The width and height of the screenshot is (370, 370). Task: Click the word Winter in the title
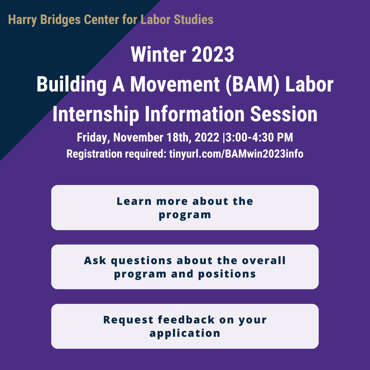click(158, 54)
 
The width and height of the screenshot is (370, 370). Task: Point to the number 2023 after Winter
click(213, 54)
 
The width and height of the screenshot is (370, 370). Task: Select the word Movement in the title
click(175, 84)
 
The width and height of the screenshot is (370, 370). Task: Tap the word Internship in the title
click(96, 114)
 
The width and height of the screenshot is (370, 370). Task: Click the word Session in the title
click(284, 114)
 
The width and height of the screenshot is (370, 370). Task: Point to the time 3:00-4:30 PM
click(259, 137)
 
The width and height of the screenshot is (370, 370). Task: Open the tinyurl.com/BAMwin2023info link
click(236, 154)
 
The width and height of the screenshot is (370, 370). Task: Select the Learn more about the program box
click(185, 207)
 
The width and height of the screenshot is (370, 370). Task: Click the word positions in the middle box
click(227, 274)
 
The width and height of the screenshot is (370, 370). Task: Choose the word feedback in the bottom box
click(186, 320)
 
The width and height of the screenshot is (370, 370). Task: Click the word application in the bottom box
click(185, 333)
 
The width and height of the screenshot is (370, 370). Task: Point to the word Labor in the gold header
click(156, 19)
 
